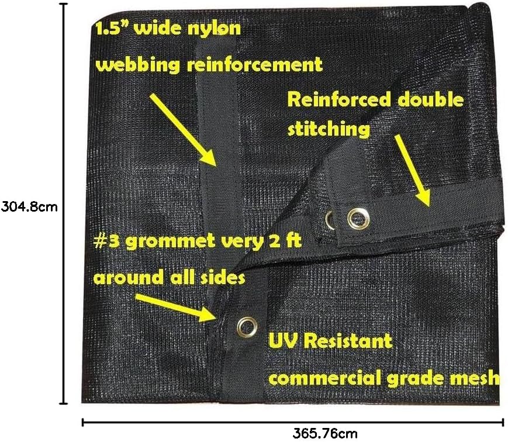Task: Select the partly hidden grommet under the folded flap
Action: pos(330,220)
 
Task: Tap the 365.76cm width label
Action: pos(324,433)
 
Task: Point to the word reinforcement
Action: pos(254,64)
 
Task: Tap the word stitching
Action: pos(329,129)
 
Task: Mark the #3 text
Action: pos(106,242)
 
